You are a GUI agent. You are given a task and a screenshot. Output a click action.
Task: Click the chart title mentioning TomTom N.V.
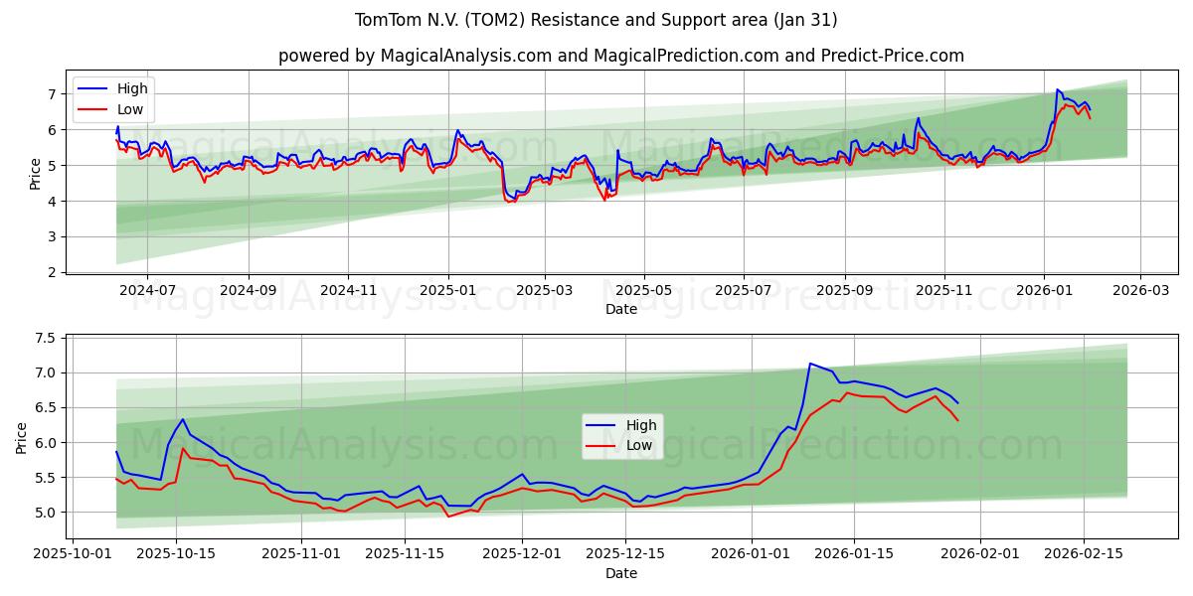click(596, 20)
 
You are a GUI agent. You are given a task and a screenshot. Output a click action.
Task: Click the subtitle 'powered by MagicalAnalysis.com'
click(620, 56)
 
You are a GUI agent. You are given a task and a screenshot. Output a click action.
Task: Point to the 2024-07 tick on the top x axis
click(146, 289)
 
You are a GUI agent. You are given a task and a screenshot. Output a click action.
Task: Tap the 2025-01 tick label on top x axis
click(448, 289)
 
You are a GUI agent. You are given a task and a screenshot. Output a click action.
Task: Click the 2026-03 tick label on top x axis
click(1139, 289)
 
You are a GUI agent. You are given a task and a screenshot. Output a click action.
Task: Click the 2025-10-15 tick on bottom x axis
click(177, 553)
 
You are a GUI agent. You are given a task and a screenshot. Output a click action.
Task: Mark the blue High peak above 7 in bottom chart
click(810, 364)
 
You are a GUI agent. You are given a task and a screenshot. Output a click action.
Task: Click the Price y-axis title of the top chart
click(35, 173)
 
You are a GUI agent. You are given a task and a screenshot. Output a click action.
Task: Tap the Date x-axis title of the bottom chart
click(620, 573)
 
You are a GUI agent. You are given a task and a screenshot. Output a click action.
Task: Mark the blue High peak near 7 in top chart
click(1058, 90)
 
